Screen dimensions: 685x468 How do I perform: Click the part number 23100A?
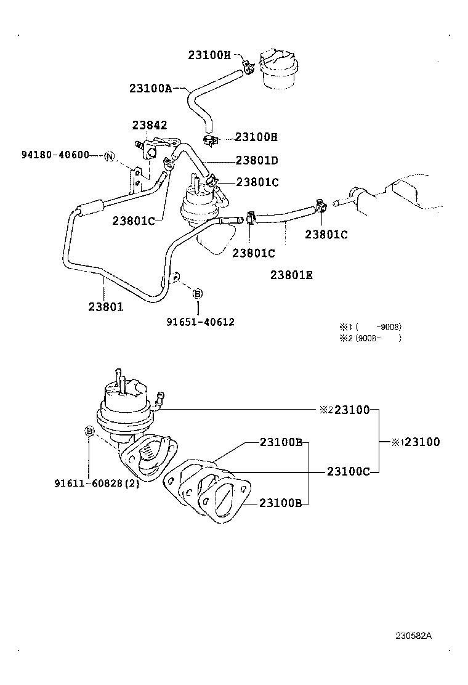tap(150, 88)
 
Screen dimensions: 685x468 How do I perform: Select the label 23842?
tap(150, 125)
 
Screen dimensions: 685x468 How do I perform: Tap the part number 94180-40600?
tap(55, 155)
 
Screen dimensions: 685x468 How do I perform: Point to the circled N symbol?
tap(109, 156)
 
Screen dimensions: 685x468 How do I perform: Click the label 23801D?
tap(257, 161)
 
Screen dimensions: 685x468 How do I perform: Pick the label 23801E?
tap(291, 275)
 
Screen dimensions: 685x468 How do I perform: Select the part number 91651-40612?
tap(200, 322)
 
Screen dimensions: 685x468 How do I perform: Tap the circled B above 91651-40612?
tap(198, 294)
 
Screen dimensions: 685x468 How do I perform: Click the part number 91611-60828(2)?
tap(96, 483)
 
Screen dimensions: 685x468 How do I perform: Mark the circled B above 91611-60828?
tap(89, 431)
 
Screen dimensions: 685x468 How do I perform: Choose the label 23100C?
tap(348, 472)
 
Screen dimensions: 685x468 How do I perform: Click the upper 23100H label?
tap(209, 55)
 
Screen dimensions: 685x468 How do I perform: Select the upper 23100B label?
tap(280, 442)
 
